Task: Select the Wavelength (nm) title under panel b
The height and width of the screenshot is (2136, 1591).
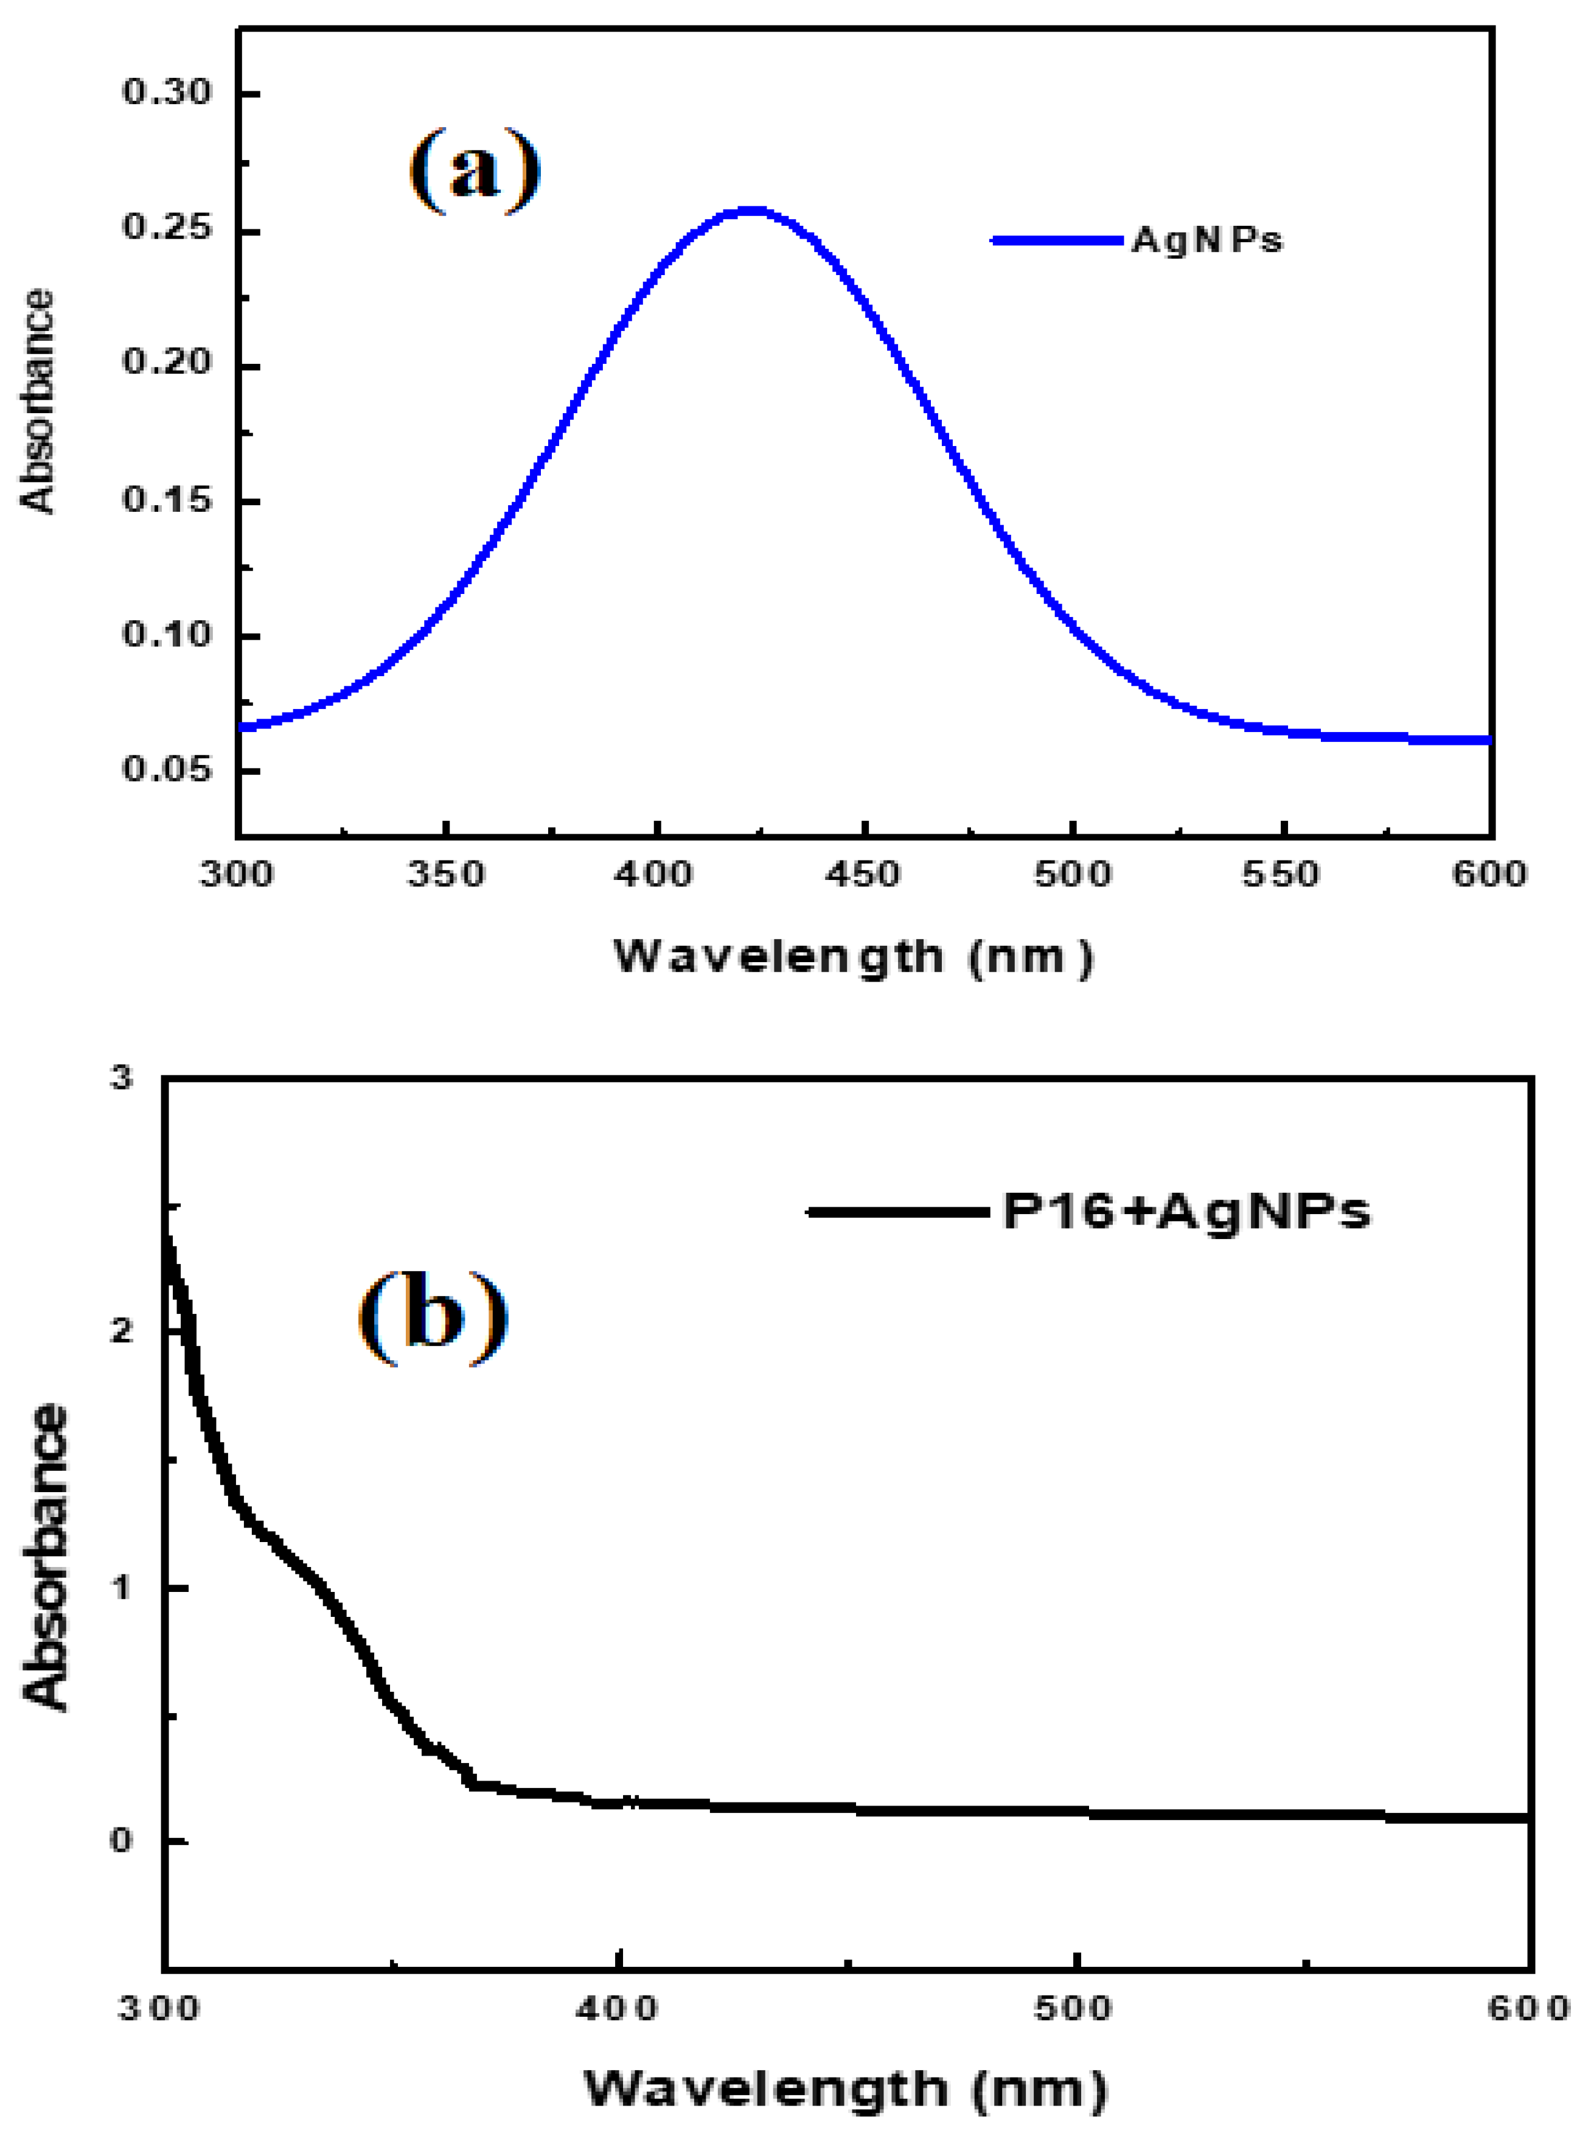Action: pos(846,2090)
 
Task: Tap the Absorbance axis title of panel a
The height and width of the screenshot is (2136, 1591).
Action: pos(38,402)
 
